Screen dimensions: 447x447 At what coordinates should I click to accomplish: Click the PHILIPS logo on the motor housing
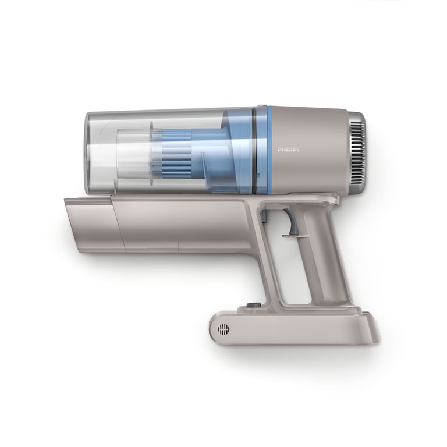(x=289, y=150)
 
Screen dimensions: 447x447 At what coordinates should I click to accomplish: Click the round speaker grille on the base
(x=223, y=329)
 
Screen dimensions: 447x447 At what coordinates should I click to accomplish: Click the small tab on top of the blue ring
(x=261, y=107)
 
